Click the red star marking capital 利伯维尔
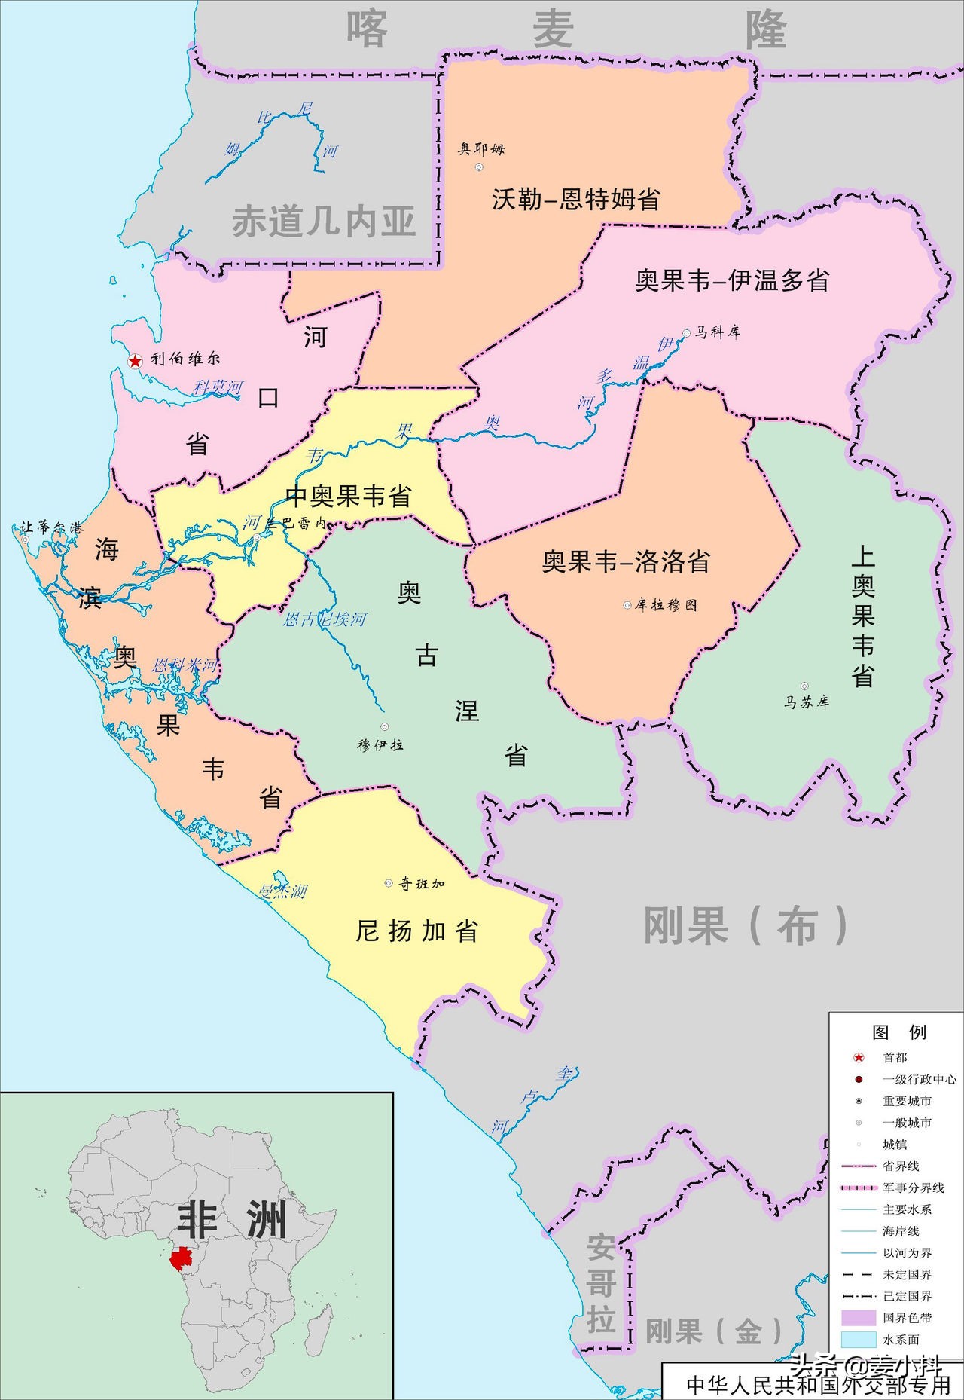pyautogui.click(x=135, y=361)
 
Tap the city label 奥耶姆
pyautogui.click(x=481, y=149)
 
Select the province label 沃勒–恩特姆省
pyautogui.click(x=576, y=199)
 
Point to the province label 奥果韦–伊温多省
pyautogui.click(x=732, y=280)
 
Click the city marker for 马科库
pyautogui.click(x=686, y=332)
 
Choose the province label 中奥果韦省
pyautogui.click(x=349, y=496)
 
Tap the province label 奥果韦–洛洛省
pyautogui.click(x=626, y=561)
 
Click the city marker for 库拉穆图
pyautogui.click(x=627, y=604)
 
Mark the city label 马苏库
pyautogui.click(x=807, y=702)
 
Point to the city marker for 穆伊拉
pyautogui.click(x=385, y=726)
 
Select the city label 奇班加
pyautogui.click(x=422, y=883)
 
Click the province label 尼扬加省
pyautogui.click(x=417, y=931)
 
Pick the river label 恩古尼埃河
pyautogui.click(x=325, y=619)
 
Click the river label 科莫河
pyautogui.click(x=218, y=387)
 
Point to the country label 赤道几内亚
pyautogui.click(x=324, y=222)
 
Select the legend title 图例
pyautogui.click(x=898, y=1032)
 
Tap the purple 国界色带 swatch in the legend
pyautogui.click(x=858, y=1317)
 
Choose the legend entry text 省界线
pyautogui.click(x=901, y=1166)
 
